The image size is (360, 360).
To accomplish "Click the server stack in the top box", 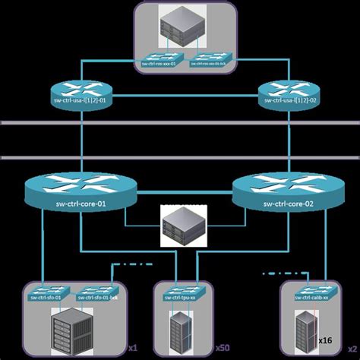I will coord(182,27).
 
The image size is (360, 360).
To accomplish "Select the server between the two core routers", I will coord(182,227).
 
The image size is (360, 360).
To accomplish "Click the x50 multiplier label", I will coord(223,348).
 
